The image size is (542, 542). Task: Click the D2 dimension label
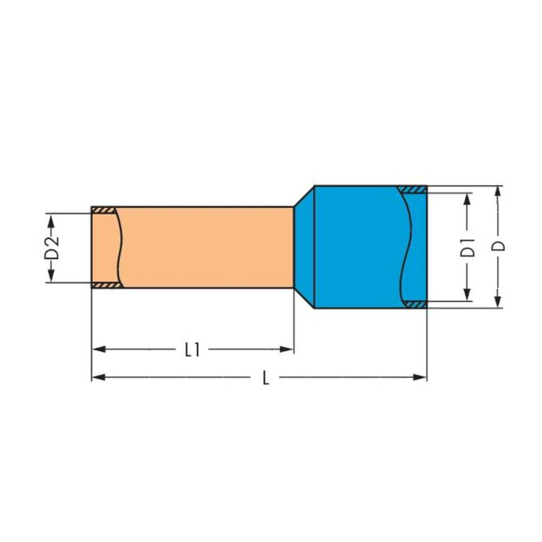51,248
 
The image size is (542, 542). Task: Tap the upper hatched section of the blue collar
412,189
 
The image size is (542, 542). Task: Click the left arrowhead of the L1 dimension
98,350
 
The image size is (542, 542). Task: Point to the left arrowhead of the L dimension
98,377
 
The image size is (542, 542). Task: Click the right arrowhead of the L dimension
420,377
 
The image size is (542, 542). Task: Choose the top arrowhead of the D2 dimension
51,220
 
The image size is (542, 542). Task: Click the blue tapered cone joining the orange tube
304,247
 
